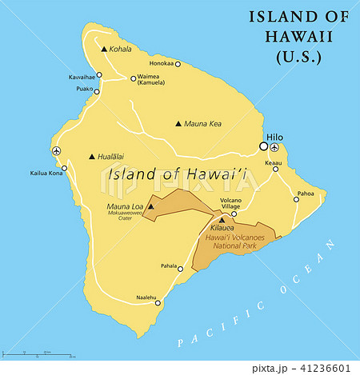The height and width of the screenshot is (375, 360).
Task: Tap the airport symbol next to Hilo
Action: [x=275, y=147]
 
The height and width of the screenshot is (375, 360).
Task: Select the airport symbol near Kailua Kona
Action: [x=55, y=150]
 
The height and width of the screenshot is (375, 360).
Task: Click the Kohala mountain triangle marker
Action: [x=104, y=50]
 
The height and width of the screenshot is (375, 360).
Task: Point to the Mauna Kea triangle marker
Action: [x=178, y=124]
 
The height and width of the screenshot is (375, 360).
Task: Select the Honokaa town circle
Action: [x=178, y=64]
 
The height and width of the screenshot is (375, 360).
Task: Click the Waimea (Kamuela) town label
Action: [x=152, y=80]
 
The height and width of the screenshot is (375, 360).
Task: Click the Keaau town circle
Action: [x=276, y=169]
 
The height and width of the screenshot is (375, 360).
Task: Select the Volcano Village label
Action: [x=230, y=203]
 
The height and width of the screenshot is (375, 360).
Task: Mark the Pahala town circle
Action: [x=181, y=269]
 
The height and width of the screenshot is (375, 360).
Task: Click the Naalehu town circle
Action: [x=158, y=302]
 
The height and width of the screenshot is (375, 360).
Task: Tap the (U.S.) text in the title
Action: [x=298, y=57]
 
